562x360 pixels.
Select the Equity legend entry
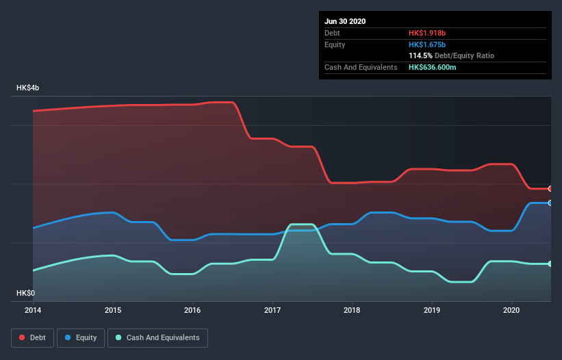pos(81,337)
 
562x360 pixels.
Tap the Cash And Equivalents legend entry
pos(157,337)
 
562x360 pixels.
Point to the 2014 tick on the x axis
pos(33,309)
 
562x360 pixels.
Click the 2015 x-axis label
pos(113,309)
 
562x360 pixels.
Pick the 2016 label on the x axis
pos(193,309)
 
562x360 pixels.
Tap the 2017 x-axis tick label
pos(272,309)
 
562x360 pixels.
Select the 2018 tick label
pos(353,309)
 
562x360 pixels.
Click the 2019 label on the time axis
pos(432,309)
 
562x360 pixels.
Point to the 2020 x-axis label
pos(512,309)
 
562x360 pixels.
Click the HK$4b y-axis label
pos(28,88)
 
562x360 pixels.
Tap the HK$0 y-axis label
pos(25,293)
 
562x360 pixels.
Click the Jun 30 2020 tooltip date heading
pos(345,21)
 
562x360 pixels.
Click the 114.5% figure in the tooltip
pos(420,55)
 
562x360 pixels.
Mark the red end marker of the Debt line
pos(550,189)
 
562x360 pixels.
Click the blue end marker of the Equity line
pos(550,203)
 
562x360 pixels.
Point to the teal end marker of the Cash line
pos(550,263)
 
